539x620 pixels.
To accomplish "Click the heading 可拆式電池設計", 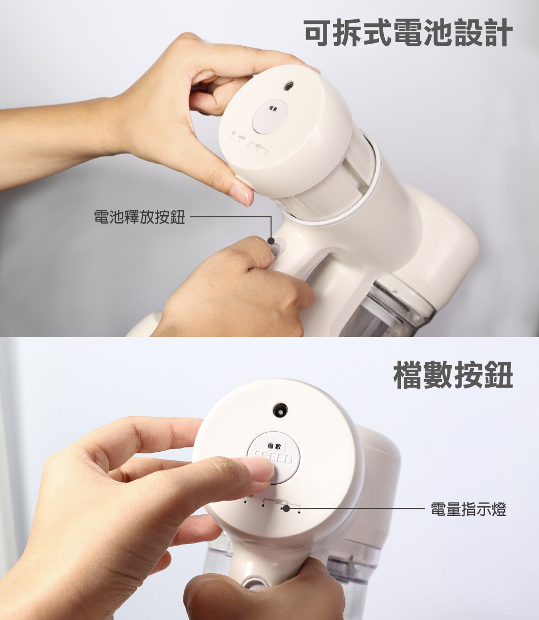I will click(x=408, y=33).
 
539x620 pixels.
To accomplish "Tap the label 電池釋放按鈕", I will click(x=139, y=218).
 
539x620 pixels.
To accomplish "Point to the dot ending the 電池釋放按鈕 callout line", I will click(x=271, y=241).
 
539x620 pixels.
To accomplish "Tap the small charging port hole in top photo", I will click(x=289, y=85).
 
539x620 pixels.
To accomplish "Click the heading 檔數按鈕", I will click(x=453, y=375).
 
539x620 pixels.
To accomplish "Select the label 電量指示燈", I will click(x=468, y=509).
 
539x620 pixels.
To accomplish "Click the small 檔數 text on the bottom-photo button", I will click(x=274, y=446).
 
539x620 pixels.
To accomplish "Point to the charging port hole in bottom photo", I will click(x=280, y=410).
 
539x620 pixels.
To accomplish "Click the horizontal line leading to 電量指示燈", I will click(x=356, y=508).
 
